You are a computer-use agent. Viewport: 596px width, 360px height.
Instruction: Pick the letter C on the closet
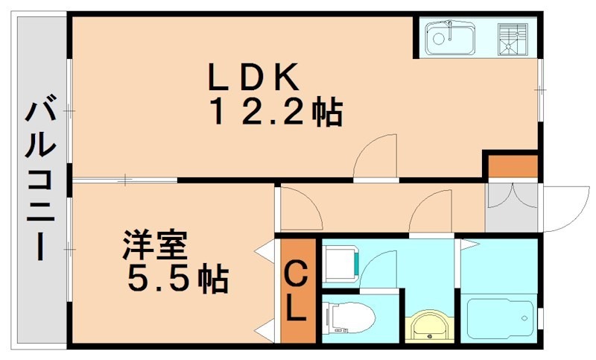coord(297,276)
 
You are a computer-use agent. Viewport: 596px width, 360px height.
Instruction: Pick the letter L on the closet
coord(297,309)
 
